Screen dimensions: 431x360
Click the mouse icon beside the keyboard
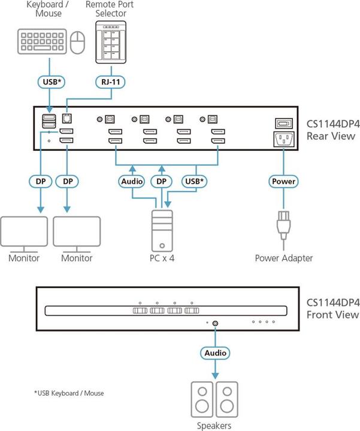[x=78, y=43]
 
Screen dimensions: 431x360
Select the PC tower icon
[x=164, y=229]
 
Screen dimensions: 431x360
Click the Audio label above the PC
[x=131, y=181]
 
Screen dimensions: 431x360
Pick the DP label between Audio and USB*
[x=160, y=181]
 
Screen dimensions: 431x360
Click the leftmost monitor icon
[x=24, y=233]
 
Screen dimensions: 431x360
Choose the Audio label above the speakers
[x=214, y=353]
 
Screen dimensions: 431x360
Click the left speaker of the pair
[x=202, y=400]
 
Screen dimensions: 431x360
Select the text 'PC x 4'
[x=164, y=259]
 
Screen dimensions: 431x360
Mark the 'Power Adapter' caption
[x=283, y=259]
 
